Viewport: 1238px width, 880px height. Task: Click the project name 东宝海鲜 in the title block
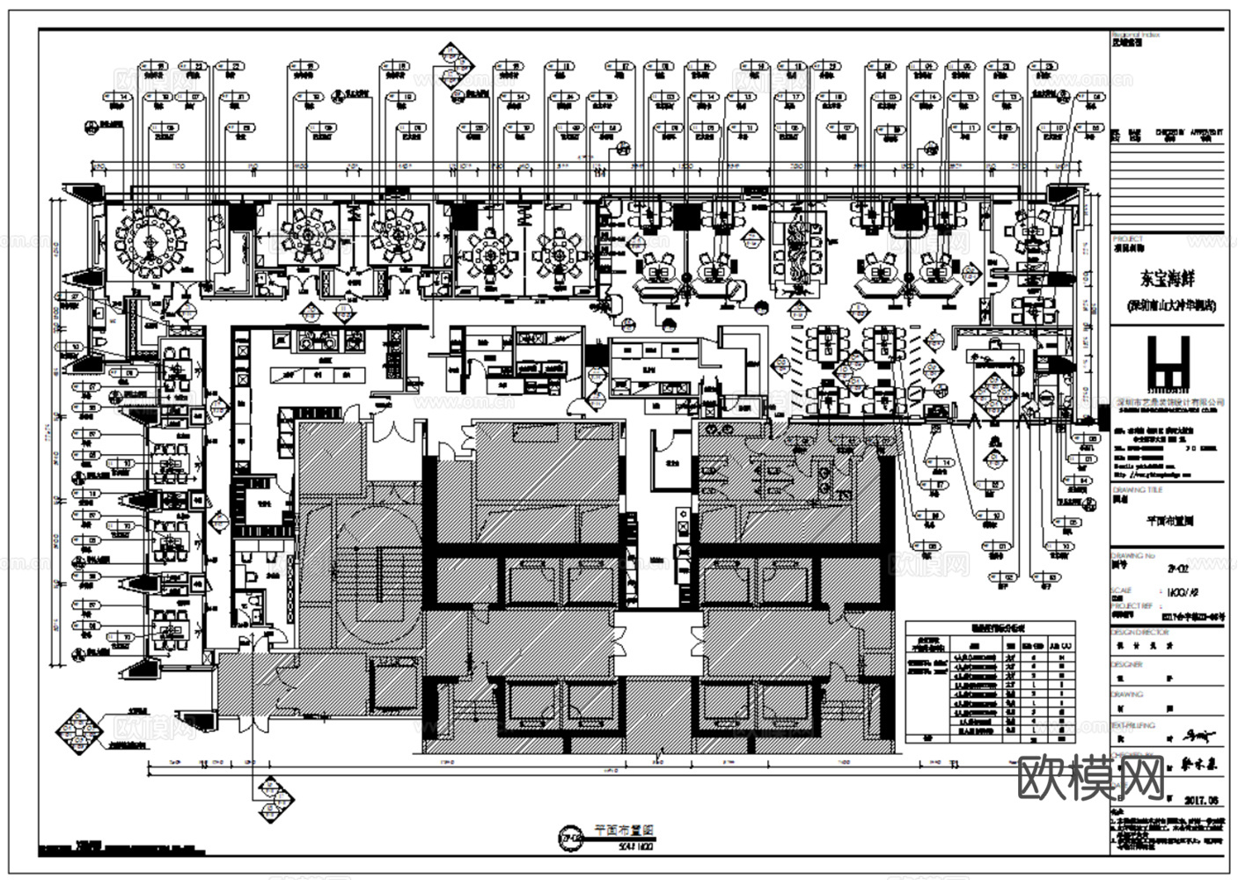point(1167,280)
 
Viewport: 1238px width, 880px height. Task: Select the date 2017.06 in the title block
point(1202,800)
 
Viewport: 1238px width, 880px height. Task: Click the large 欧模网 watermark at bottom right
point(1090,776)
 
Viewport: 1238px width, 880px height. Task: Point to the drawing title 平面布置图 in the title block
point(1168,520)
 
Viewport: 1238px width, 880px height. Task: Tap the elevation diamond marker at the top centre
point(456,64)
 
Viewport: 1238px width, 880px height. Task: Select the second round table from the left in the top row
point(308,233)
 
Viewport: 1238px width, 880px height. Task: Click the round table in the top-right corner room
point(1030,231)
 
